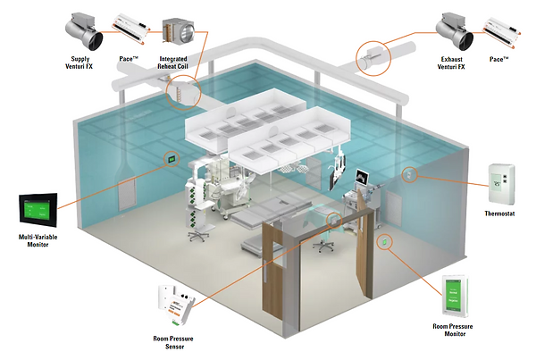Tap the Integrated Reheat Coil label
click(x=180, y=65)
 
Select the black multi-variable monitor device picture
click(x=38, y=212)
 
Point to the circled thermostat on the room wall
click(x=411, y=174)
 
